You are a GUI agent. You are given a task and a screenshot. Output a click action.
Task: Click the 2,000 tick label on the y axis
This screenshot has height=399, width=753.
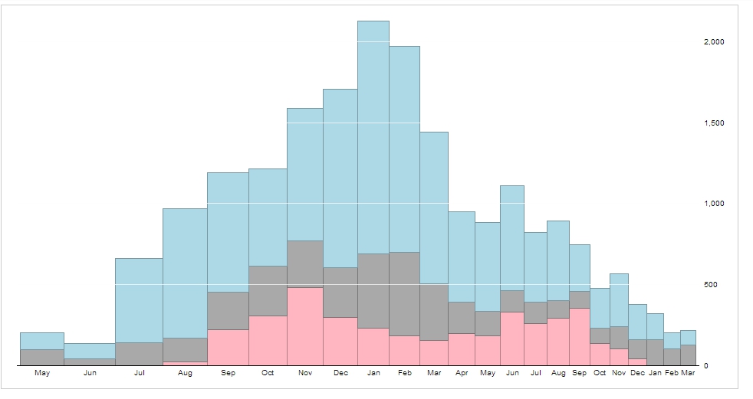point(713,42)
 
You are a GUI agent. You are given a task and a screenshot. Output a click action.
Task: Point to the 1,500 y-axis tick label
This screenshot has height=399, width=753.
point(713,123)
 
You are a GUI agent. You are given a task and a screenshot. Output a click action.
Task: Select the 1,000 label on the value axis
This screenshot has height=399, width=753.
point(713,204)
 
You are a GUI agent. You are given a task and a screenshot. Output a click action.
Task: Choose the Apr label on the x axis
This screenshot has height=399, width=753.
point(462,373)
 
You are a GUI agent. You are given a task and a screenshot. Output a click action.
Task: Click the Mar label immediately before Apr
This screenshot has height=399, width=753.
point(434,373)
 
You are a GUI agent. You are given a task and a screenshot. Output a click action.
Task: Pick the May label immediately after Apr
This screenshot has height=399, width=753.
point(488,373)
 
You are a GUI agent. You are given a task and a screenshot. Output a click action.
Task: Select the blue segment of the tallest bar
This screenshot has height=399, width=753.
point(373,138)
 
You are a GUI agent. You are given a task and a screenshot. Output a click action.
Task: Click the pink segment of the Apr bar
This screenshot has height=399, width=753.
point(462,349)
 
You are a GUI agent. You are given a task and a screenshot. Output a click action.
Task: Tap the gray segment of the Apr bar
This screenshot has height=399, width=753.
point(462,317)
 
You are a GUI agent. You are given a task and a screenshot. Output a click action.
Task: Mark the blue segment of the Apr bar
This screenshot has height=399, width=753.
point(462,257)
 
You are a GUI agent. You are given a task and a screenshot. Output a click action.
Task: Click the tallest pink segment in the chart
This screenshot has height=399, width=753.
point(304,326)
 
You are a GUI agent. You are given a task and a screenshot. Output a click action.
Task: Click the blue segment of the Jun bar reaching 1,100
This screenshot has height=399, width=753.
point(512,237)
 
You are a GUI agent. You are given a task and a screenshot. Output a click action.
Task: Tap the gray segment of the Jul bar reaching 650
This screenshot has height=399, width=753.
point(139,354)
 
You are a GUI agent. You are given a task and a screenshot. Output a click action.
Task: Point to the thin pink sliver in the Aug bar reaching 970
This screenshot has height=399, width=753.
point(185,363)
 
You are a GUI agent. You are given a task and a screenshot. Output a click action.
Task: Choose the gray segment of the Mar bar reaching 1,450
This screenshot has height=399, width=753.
point(434,312)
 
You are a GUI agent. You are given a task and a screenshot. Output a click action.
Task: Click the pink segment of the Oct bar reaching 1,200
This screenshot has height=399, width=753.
point(268,340)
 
